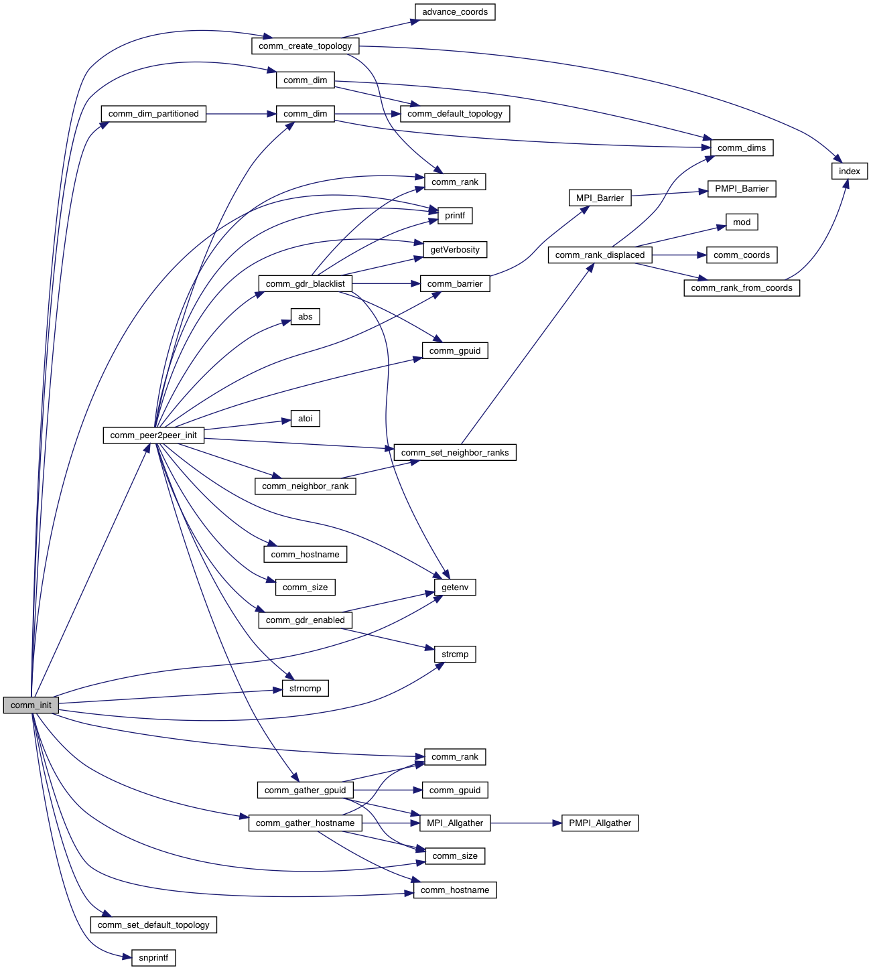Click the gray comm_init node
tap(31, 705)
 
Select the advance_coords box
tap(455, 12)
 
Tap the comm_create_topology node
tap(305, 46)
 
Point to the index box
tap(850, 171)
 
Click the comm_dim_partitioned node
tap(153, 114)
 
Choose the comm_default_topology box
tap(455, 114)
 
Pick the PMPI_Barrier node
tap(742, 189)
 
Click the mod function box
tap(742, 222)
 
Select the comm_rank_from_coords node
tap(742, 288)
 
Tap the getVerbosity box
tap(455, 250)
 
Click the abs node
tap(306, 317)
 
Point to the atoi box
tap(306, 419)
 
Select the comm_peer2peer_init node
tap(153, 435)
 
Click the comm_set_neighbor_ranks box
tap(455, 453)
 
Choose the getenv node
tap(455, 587)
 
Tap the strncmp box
tap(306, 689)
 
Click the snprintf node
tap(153, 958)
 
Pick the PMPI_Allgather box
tap(600, 823)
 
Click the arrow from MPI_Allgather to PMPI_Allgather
tap(526, 823)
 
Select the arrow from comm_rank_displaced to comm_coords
tap(679, 255)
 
